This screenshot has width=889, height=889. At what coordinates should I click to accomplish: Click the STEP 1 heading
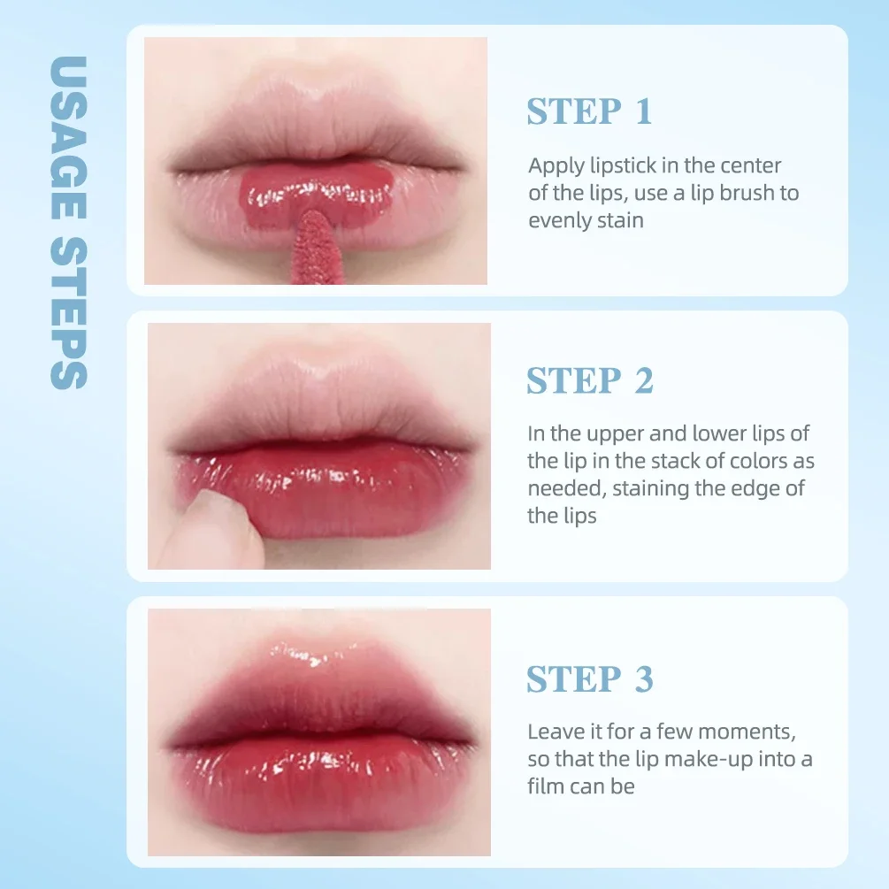click(589, 112)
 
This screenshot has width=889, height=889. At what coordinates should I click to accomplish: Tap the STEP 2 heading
click(589, 381)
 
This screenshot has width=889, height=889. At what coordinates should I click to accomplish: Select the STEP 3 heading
click(589, 679)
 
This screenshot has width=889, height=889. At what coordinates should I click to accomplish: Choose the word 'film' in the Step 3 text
click(546, 786)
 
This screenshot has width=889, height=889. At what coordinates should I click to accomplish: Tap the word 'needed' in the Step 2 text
click(566, 488)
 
